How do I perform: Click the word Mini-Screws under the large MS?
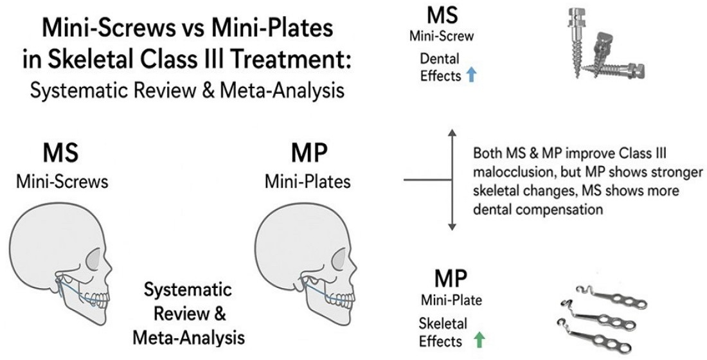tap(62, 182)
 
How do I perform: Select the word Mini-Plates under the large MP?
tap(307, 182)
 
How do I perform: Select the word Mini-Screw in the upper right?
tap(441, 36)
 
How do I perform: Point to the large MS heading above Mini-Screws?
tap(62, 156)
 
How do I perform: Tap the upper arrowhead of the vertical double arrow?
tap(452, 134)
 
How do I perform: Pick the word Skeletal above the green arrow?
tap(443, 323)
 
